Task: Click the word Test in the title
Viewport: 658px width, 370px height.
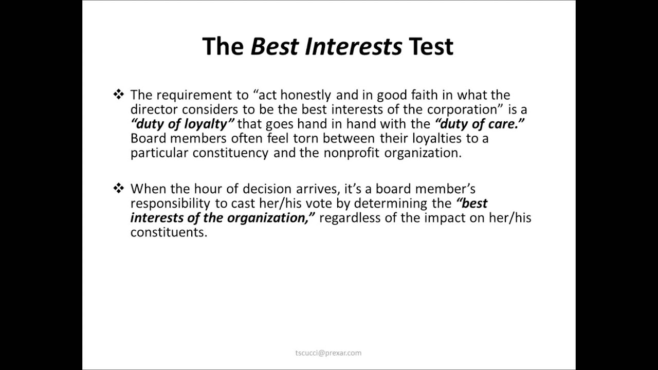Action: pos(431,46)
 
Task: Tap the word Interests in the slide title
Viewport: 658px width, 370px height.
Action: pos(352,46)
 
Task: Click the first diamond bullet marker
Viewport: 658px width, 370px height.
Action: pos(119,94)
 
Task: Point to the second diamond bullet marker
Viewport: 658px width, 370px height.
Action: pos(119,189)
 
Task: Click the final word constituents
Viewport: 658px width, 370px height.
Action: pos(168,232)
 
